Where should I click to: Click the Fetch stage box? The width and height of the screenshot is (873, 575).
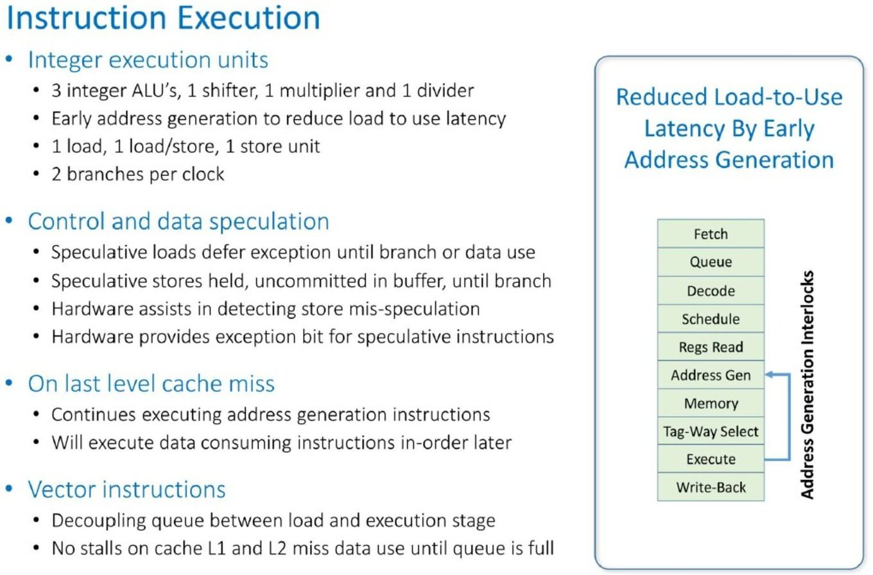[711, 234]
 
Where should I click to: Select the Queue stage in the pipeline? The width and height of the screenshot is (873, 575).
[711, 262]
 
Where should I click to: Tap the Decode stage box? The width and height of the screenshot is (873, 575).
[711, 291]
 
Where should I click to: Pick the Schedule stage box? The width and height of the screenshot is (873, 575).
[711, 319]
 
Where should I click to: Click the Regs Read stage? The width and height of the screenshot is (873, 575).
[711, 347]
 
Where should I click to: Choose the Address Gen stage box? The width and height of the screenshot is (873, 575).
[711, 375]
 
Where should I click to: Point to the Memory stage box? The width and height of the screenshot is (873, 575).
[711, 403]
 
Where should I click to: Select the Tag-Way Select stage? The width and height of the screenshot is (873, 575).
[711, 431]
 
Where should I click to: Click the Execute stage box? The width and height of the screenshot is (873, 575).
[711, 459]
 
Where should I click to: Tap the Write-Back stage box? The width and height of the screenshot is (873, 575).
[711, 487]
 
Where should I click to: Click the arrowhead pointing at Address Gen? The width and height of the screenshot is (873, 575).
[769, 375]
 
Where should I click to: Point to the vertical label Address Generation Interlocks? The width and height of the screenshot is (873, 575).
[807, 385]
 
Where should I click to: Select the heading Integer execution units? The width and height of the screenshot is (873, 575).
[148, 60]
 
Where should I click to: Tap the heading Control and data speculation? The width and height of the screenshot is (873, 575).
[178, 221]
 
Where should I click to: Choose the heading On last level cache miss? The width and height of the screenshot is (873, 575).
[151, 384]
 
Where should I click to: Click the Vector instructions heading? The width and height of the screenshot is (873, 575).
[126, 490]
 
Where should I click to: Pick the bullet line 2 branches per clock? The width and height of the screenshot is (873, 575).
[138, 174]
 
